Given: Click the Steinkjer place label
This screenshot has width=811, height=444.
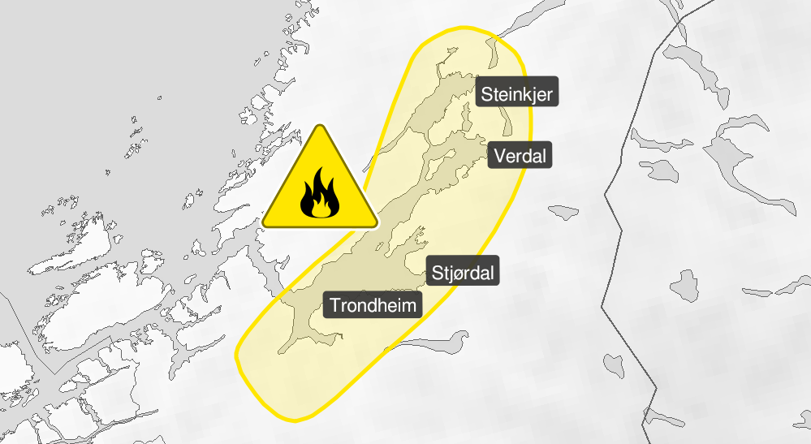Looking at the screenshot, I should point(517,95).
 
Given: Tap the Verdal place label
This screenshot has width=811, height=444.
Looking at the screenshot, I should point(520,155).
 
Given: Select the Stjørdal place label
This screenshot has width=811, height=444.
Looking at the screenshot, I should point(463,272).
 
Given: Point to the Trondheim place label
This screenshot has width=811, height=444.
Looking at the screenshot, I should point(375,306).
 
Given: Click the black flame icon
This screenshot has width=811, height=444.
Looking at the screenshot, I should point(319,196).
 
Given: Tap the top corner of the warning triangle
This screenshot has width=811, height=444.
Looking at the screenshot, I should point(320,127).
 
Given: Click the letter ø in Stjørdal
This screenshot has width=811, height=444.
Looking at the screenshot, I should point(458,274).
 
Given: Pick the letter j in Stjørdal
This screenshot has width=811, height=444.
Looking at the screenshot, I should point(450,274).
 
